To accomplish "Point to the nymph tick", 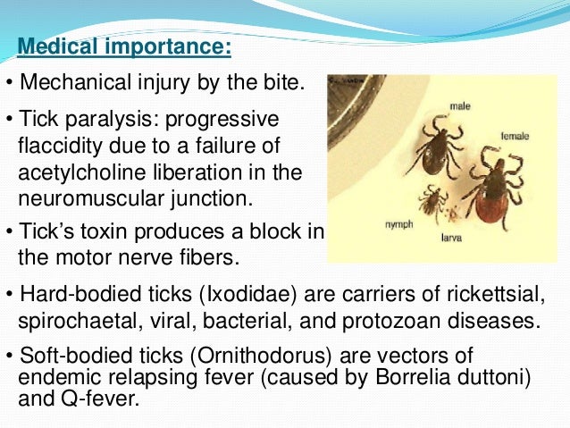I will (434, 200).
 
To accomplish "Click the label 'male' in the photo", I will (460, 106).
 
